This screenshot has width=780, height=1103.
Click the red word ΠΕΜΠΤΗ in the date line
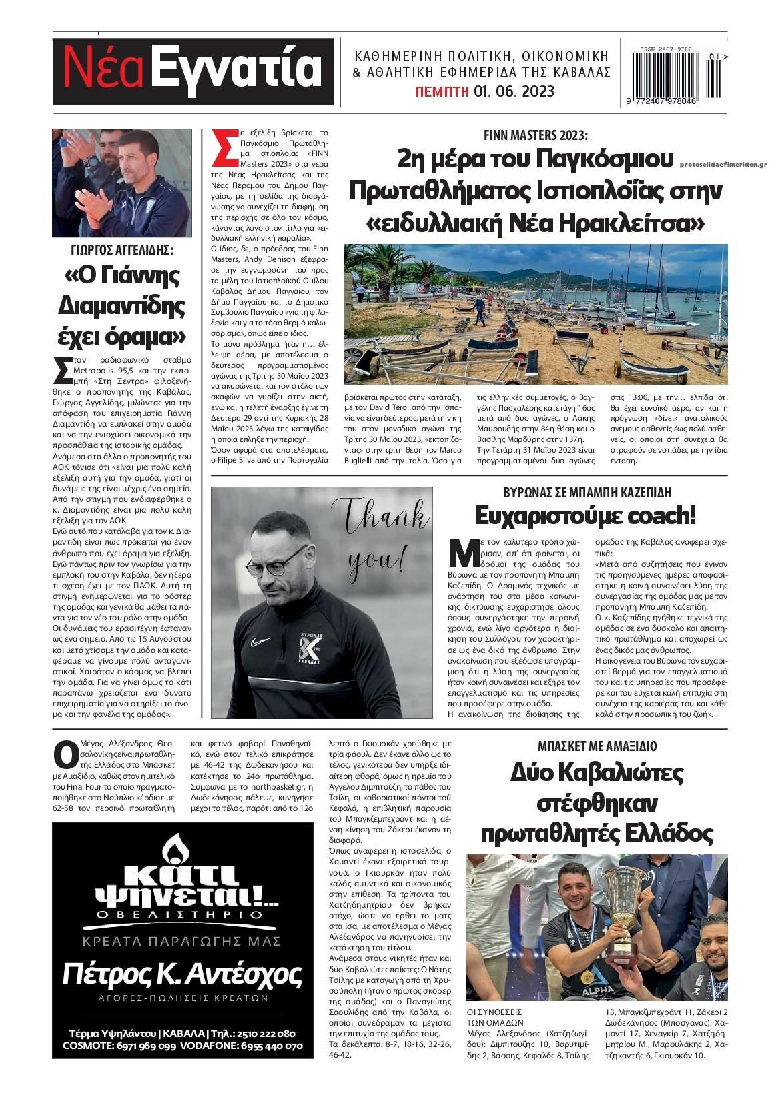pyautogui.click(x=441, y=91)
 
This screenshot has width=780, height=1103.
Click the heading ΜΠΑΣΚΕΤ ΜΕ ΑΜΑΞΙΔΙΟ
pyautogui.click(x=597, y=746)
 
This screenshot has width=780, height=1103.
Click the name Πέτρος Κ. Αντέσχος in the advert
pyautogui.click(x=182, y=975)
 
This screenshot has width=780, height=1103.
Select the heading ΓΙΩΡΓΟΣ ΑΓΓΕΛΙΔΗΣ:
pyautogui.click(x=121, y=251)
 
